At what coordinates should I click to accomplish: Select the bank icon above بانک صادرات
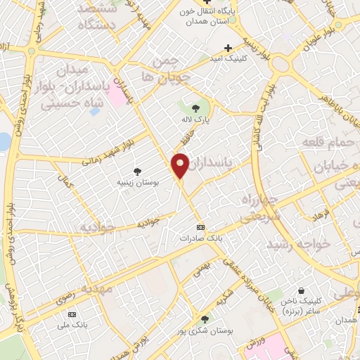(x=201, y=227)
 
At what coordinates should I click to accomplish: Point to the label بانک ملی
(x=70, y=324)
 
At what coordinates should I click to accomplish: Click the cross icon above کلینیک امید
(x=227, y=47)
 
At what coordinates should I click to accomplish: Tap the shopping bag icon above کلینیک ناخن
(x=302, y=290)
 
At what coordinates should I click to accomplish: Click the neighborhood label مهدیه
(x=96, y=288)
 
